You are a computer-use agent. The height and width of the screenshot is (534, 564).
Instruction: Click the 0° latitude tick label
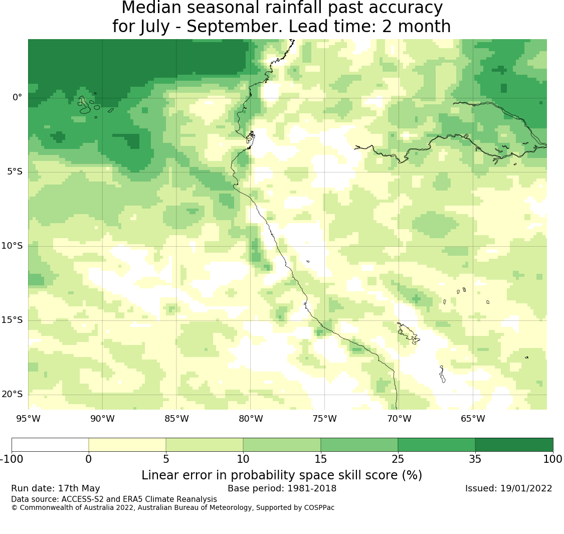pos(17,97)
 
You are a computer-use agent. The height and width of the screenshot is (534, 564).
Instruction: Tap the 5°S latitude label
pos(15,171)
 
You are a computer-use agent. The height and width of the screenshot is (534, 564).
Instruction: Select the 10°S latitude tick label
pos(12,246)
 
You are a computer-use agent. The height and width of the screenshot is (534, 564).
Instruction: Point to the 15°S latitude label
pos(12,320)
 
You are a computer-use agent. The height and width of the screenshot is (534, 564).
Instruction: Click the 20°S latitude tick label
pos(12,394)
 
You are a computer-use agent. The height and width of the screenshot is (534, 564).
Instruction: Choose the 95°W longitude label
pos(29,419)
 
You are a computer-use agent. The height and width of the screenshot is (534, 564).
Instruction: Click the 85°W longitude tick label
pos(176,419)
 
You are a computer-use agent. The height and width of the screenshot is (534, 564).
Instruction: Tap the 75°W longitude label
pos(325,419)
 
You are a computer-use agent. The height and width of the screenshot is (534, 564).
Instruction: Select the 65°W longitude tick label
pos(473,419)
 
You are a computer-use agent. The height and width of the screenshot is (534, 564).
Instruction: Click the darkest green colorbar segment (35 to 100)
pos(514,445)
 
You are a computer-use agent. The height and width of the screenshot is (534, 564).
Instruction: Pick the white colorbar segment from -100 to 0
pos(50,445)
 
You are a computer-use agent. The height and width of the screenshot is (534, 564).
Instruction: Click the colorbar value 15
pos(320,459)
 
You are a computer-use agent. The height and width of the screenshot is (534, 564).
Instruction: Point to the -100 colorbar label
pos(12,459)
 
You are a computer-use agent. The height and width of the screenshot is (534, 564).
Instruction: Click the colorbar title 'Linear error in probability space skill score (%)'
pos(282,475)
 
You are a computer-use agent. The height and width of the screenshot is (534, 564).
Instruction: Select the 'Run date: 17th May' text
pos(55,488)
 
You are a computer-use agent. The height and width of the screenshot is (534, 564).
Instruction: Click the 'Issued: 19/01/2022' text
pos(509,488)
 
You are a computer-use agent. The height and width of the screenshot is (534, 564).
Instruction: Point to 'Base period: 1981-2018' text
pos(282,488)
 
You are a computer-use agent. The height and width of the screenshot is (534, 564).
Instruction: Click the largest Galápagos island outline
pos(84,105)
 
